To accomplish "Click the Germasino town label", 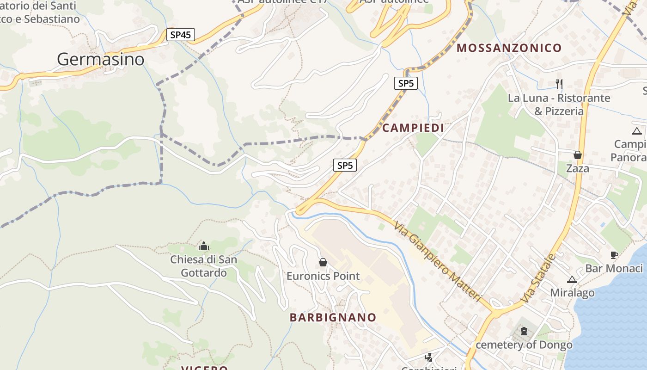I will point(101,59).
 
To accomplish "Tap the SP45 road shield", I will point(181,35).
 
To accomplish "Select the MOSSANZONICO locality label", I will point(509,48).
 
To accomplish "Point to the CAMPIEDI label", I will point(413,128).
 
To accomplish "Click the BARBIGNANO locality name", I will point(333,317).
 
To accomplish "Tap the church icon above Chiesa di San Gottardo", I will point(203,246).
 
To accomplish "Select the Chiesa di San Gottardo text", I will point(204,266).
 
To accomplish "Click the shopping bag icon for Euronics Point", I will point(323,263).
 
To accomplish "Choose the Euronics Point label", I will point(323,276).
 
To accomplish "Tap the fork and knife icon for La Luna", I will point(559,84).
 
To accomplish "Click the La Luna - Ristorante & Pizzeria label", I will point(559,105).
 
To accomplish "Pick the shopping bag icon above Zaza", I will point(578,155).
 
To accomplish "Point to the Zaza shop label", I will point(578,168).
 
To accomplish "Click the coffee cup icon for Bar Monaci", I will point(614,255).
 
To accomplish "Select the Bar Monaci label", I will point(614,268).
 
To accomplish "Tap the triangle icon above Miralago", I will point(572,279).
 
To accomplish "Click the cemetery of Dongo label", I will point(524,345).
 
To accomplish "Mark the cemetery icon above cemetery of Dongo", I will point(524,331).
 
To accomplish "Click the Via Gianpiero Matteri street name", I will point(439,261).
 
